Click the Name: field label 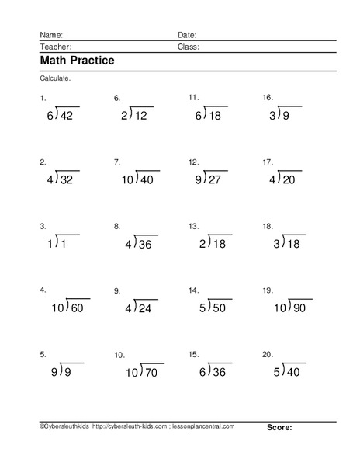[x=52, y=35]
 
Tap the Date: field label [x=187, y=35]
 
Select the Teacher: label [x=55, y=47]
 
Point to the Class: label [x=189, y=47]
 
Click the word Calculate [x=54, y=79]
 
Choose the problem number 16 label [x=267, y=98]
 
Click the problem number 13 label [x=193, y=226]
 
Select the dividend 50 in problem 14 [x=219, y=308]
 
